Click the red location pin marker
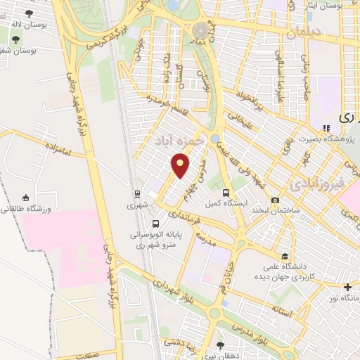click(x=181, y=166)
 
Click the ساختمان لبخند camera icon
click(x=275, y=200)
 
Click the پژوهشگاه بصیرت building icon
click(x=326, y=129)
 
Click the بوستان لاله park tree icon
click(x=28, y=13)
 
